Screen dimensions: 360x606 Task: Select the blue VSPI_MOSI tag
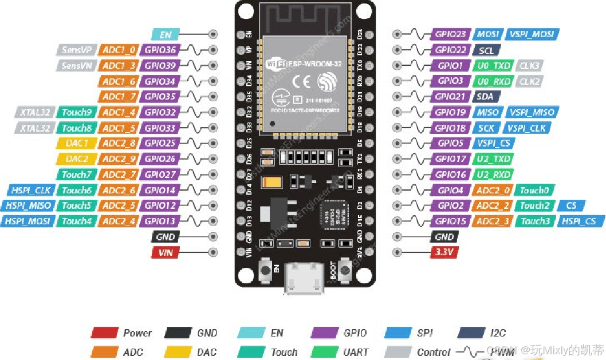tap(533, 34)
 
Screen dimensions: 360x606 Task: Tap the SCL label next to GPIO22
tap(486, 50)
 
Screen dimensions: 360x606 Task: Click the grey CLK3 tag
tap(529, 66)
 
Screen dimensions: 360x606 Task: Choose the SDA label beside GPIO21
tap(486, 97)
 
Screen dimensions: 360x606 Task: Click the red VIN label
tap(165, 252)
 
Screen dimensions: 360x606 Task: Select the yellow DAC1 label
tap(77, 143)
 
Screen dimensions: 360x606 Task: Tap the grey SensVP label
tap(77, 50)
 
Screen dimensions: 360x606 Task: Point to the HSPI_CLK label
tap(31, 190)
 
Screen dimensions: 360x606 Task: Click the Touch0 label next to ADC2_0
tap(534, 190)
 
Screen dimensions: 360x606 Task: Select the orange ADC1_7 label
tap(119, 97)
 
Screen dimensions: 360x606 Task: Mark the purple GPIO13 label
tap(160, 221)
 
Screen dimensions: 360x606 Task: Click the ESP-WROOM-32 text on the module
tap(316, 64)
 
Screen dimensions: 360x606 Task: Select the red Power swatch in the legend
tap(104, 333)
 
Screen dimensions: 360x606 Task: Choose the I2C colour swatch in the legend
tap(473, 333)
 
